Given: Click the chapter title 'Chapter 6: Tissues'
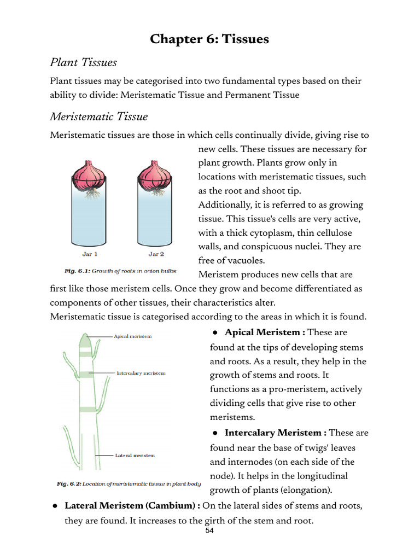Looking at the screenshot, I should (209, 39).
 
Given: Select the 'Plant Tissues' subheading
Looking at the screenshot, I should (83, 62).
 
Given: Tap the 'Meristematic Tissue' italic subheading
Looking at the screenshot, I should (98, 116).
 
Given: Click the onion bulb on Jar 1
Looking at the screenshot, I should (90, 176).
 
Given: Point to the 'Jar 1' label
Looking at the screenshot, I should (90, 254).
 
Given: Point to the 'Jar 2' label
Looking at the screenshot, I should (156, 254).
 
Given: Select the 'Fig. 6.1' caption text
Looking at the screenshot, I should (120, 271).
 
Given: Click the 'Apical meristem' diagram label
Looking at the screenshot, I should (132, 336).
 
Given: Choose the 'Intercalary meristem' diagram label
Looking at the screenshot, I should (141, 374).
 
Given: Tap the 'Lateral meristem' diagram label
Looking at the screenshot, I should (135, 455).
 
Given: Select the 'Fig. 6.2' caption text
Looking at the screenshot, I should (129, 484).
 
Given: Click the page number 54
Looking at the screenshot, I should (209, 532).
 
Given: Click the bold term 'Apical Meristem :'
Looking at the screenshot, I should (265, 332).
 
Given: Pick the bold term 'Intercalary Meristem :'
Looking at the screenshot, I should (276, 433).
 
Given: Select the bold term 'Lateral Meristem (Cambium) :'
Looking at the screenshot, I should (132, 506).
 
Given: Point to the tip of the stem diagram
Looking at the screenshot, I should (86, 335).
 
